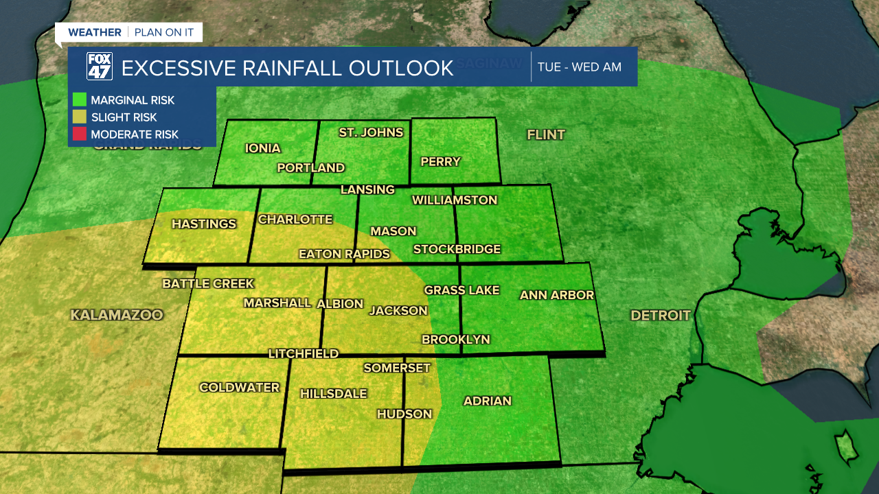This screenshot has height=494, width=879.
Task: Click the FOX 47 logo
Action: (99, 67)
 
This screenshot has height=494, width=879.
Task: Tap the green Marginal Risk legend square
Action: (80, 99)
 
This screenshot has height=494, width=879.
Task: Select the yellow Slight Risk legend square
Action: (80, 117)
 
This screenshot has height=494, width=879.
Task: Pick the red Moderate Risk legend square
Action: (80, 134)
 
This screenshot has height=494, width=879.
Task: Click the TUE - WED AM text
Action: (579, 67)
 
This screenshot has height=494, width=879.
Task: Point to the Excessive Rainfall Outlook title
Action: (287, 69)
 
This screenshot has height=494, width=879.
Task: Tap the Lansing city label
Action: (367, 189)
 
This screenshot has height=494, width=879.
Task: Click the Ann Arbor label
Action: (556, 295)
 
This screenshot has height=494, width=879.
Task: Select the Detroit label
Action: (661, 316)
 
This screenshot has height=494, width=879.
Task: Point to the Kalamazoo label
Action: (117, 315)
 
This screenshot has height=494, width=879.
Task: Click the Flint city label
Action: (546, 134)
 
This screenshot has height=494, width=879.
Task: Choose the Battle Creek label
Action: (208, 283)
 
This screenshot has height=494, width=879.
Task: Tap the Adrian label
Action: (488, 401)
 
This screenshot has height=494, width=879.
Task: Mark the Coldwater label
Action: (239, 388)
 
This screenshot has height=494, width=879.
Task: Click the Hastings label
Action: (203, 224)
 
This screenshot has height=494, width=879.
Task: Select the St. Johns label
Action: (371, 132)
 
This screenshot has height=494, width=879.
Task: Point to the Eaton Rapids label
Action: (344, 254)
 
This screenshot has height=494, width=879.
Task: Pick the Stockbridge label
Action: (457, 249)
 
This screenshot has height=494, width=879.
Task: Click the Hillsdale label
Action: (334, 394)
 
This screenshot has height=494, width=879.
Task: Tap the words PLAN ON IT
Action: (164, 32)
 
